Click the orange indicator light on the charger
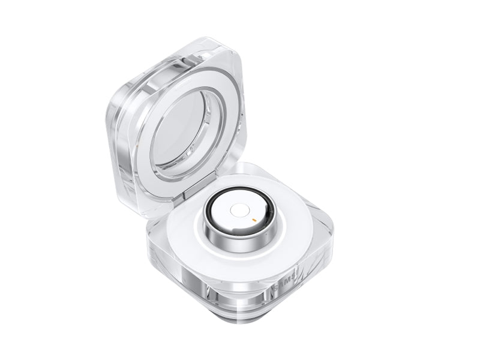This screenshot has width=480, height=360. pos(254,220)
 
